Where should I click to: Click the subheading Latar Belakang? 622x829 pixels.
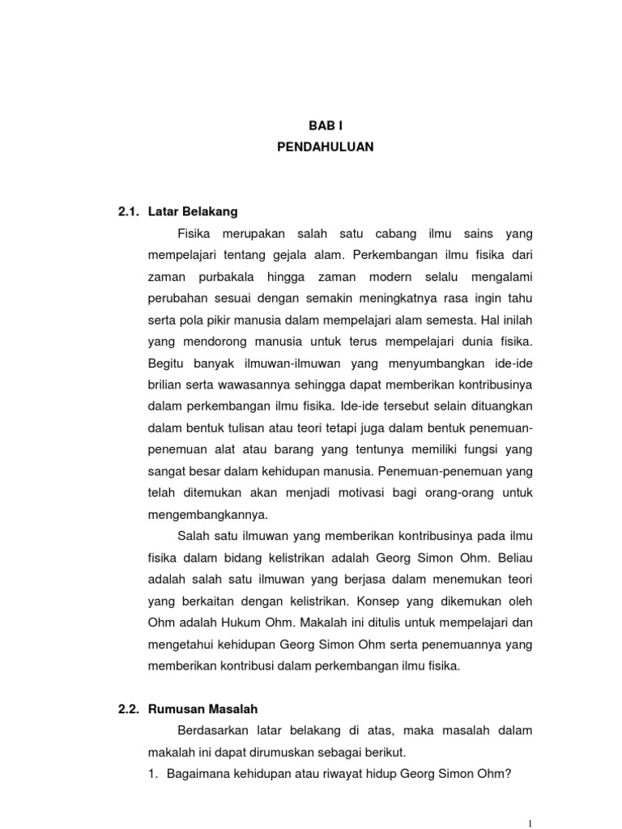[199, 212]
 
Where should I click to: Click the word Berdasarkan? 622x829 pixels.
[213, 730]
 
